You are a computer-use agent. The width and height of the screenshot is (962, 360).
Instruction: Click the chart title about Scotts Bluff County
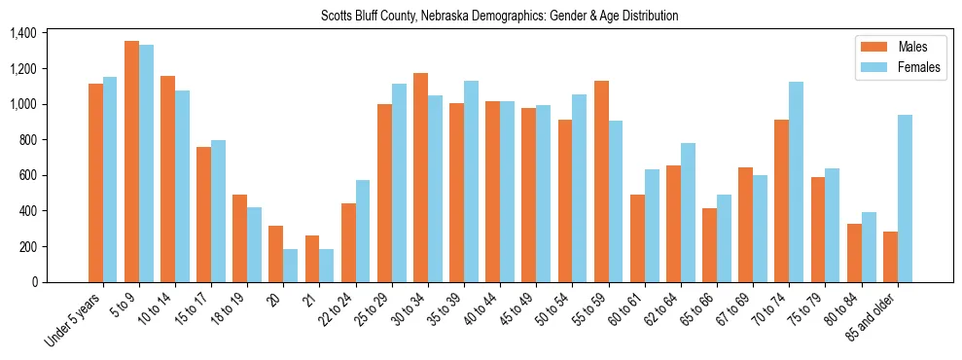click(x=499, y=16)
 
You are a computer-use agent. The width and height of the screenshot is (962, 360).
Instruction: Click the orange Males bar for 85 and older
click(x=890, y=257)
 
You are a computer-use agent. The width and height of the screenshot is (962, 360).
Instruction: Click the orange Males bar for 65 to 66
click(x=709, y=245)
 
